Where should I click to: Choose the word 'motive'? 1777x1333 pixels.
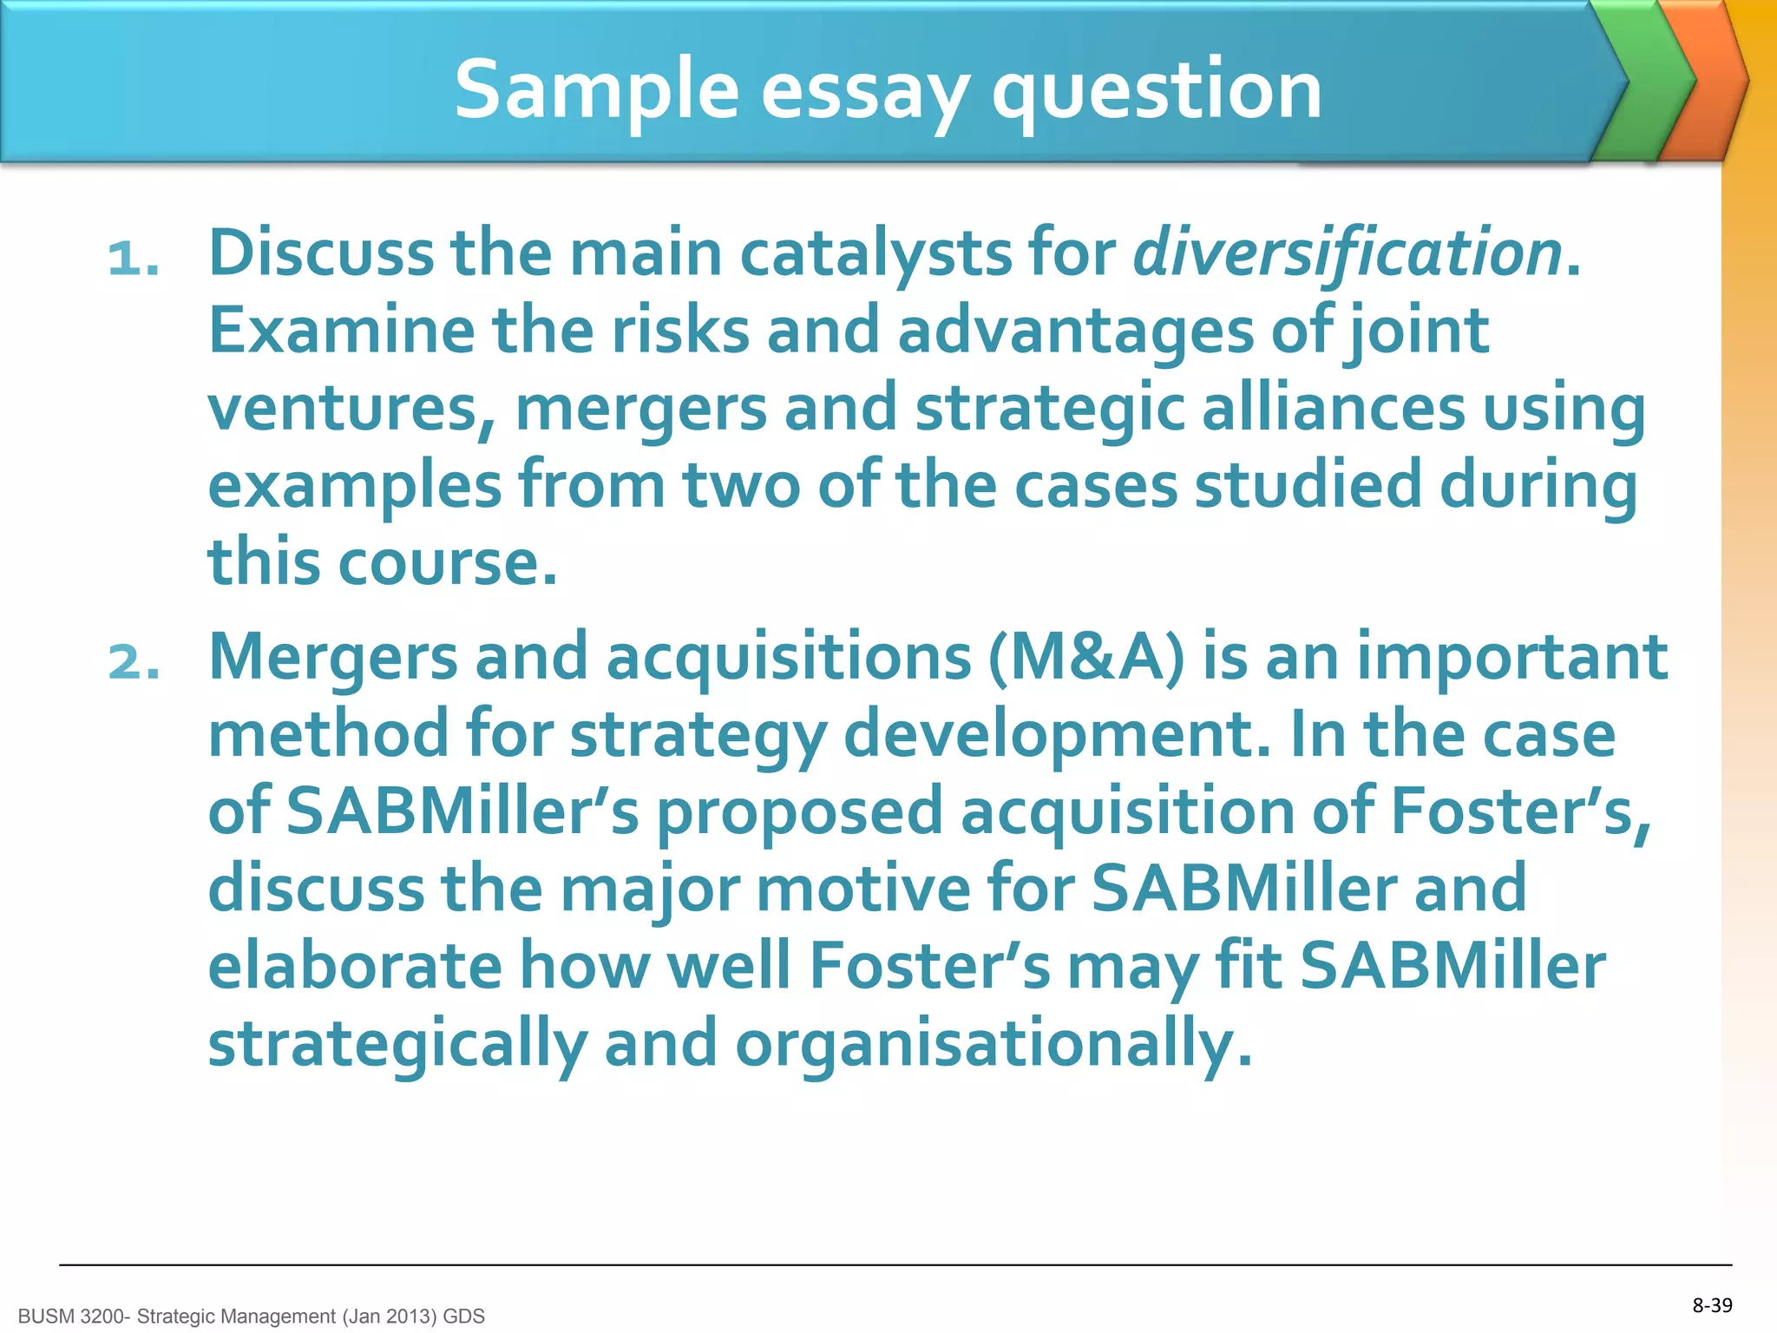[x=862, y=889]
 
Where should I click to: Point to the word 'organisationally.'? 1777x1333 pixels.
[x=994, y=1044]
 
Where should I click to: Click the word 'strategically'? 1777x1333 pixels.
[x=397, y=1044]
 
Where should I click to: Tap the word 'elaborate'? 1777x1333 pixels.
[x=355, y=966]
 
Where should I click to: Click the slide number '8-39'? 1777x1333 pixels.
[x=1712, y=1305]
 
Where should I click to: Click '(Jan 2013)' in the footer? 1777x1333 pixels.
[x=390, y=1317]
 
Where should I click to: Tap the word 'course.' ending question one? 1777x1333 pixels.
[x=447, y=562]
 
